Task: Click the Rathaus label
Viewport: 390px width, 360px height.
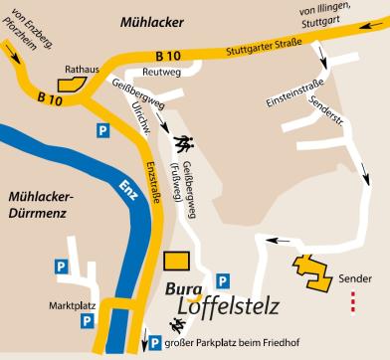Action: point(84,70)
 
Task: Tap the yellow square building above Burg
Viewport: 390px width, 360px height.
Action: point(177,261)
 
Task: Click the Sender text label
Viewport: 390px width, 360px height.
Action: point(354,278)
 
